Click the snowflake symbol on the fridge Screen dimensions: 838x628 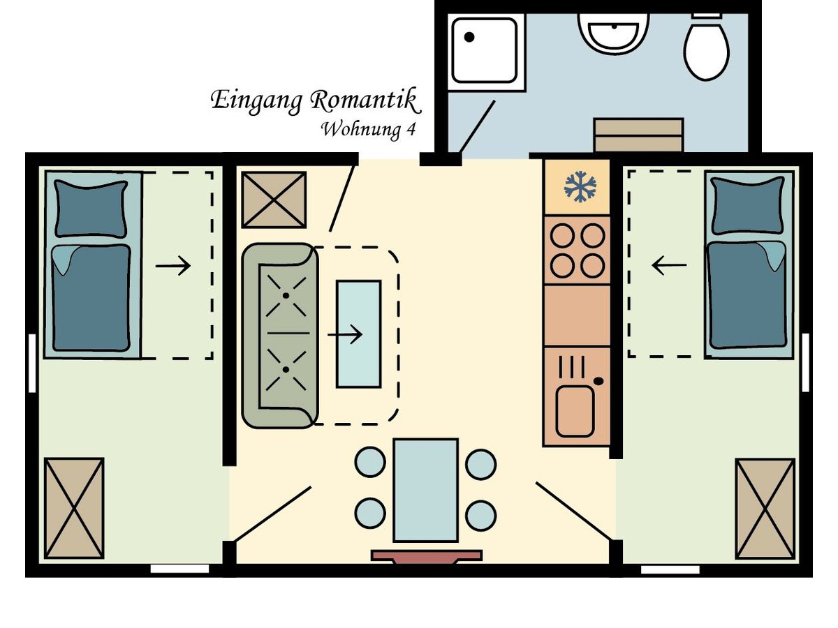[x=580, y=186]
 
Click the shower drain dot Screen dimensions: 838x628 [x=469, y=37]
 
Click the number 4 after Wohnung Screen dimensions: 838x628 [x=411, y=130]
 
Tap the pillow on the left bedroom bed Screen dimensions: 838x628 [x=91, y=209]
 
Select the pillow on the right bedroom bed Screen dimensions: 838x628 [x=748, y=206]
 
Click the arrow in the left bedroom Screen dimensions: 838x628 [x=173, y=265]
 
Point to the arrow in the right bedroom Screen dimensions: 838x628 [x=669, y=265]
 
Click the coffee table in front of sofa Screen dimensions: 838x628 [x=358, y=334]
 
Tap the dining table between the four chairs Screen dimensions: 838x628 [x=426, y=490]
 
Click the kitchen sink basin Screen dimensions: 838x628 [x=575, y=411]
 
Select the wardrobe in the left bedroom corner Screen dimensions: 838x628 [x=74, y=508]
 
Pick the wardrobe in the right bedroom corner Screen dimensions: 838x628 [x=765, y=509]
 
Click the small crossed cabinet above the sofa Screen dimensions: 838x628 [x=274, y=200]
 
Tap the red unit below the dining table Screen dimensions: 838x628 [x=427, y=556]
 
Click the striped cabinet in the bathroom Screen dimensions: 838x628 [x=638, y=135]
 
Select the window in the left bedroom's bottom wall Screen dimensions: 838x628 [x=179, y=569]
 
